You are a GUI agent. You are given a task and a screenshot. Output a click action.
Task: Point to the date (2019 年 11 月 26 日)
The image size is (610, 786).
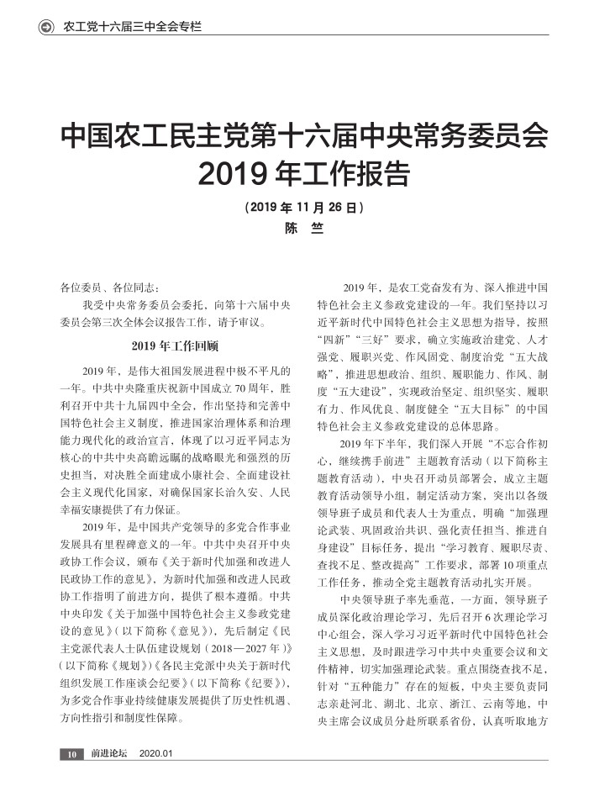pos(304,207)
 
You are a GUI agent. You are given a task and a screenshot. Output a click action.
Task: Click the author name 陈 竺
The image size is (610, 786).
pos(304,228)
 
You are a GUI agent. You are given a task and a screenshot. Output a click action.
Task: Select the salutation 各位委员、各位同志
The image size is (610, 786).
pos(108,287)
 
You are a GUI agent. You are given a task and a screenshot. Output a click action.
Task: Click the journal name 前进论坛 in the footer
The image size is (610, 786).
pos(109,754)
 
